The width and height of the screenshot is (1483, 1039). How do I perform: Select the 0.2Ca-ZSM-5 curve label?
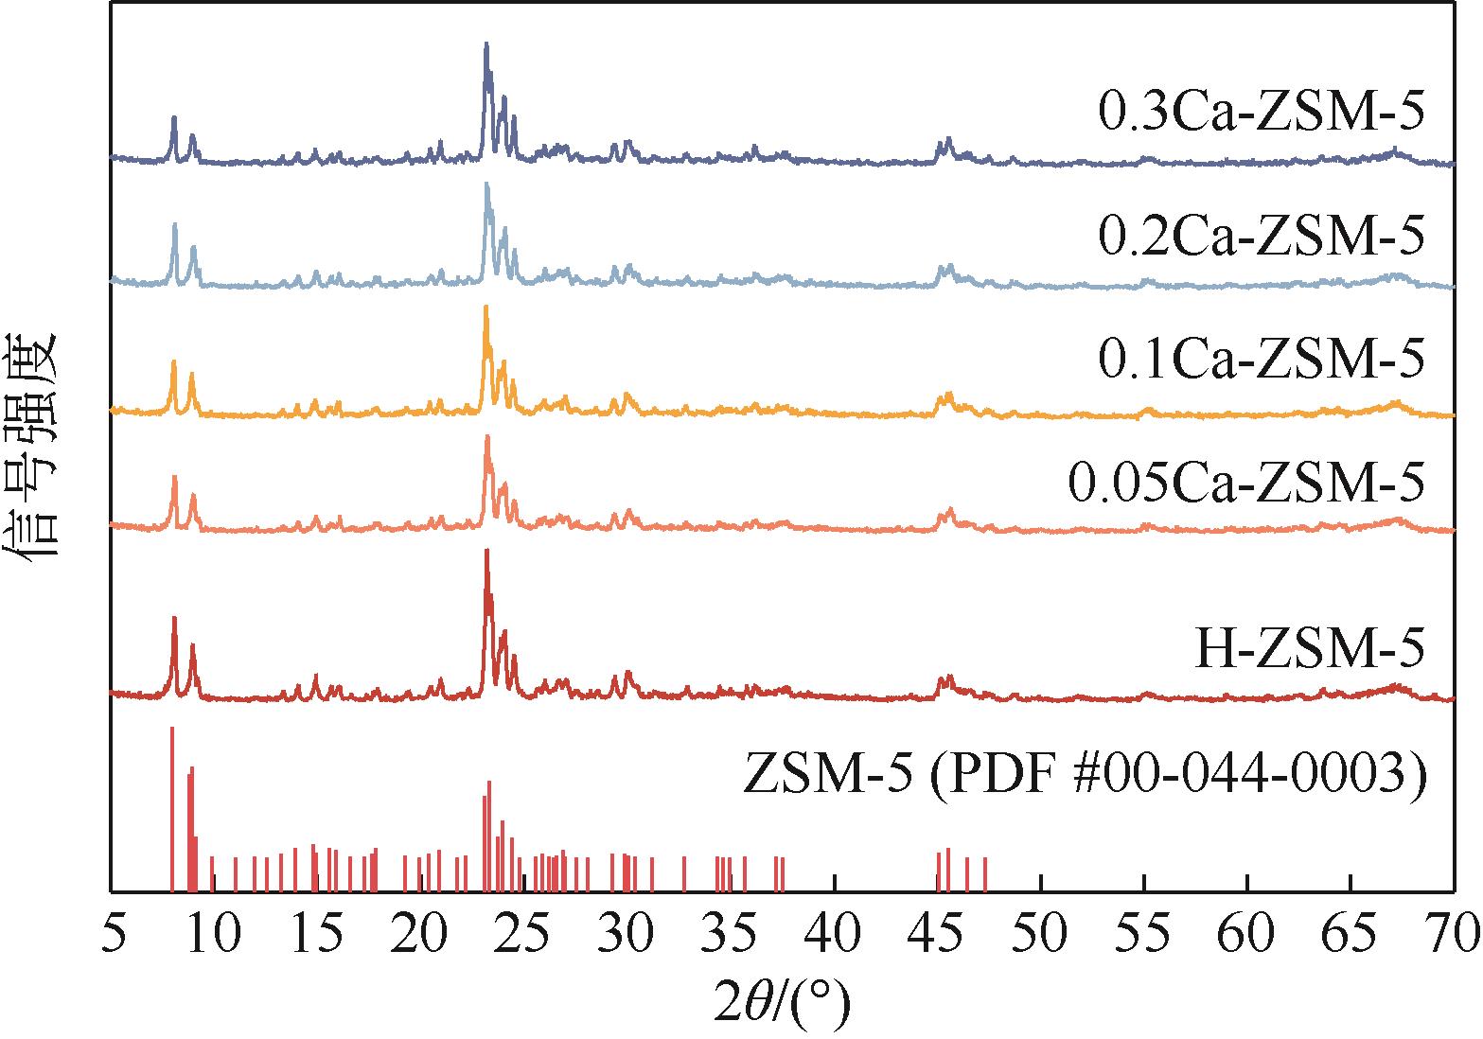pyautogui.click(x=1261, y=237)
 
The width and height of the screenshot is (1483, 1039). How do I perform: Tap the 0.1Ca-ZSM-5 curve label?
pyautogui.click(x=1261, y=360)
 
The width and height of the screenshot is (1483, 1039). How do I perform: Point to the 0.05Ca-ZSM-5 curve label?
pyautogui.click(x=1245, y=484)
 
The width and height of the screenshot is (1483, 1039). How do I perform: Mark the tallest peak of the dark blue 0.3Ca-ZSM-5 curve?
pyautogui.click(x=486, y=44)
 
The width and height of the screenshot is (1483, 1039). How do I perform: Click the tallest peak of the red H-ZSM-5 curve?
pyautogui.click(x=486, y=551)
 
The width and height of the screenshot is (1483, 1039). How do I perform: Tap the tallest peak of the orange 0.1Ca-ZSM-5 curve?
pyautogui.click(x=486, y=308)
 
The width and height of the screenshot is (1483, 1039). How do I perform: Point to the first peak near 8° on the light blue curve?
pyautogui.click(x=175, y=225)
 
